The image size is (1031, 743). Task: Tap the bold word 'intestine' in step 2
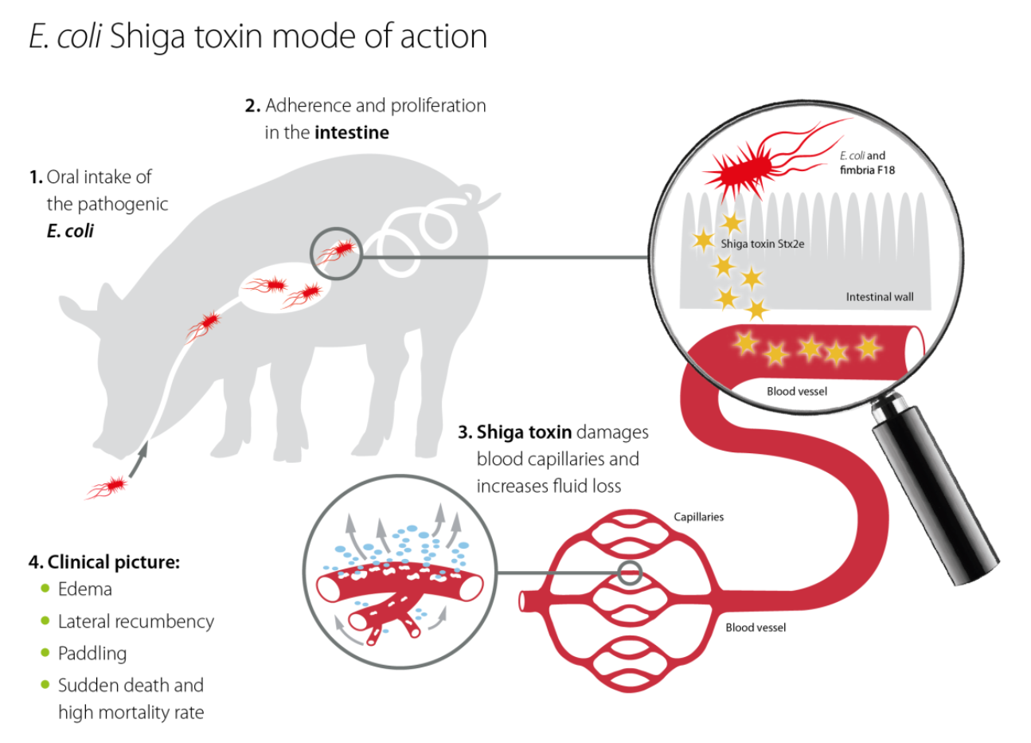[351, 132]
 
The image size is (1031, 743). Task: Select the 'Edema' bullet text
[84, 589]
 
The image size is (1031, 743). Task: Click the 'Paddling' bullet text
[92, 653]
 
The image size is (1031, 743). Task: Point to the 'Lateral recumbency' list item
[135, 621]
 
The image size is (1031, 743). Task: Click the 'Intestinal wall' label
[879, 297]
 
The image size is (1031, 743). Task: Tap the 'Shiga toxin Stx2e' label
[762, 244]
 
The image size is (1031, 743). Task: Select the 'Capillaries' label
[698, 517]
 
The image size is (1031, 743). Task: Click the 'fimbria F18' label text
[867, 170]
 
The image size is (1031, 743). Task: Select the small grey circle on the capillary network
[630, 572]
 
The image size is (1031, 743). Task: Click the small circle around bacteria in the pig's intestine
[335, 252]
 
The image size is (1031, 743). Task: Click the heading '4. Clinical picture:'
[104, 562]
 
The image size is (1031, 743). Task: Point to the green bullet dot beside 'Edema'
[45, 589]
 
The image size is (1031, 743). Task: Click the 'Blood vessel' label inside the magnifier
[796, 391]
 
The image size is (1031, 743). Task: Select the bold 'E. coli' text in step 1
[70, 231]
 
